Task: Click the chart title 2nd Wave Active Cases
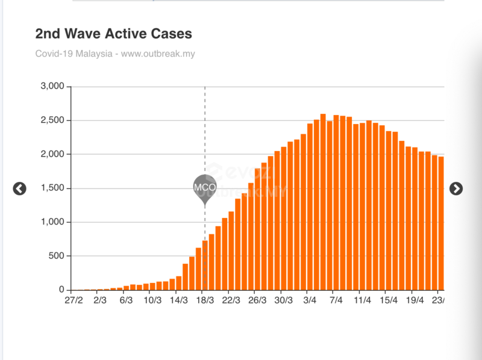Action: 114,33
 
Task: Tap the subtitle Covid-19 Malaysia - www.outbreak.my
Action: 115,54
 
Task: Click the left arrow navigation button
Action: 20,188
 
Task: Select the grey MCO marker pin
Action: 205,187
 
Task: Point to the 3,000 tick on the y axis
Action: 52,86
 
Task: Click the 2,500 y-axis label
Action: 52,120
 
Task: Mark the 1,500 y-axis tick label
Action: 52,188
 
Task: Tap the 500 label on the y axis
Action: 56,256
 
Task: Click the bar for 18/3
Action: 205,265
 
